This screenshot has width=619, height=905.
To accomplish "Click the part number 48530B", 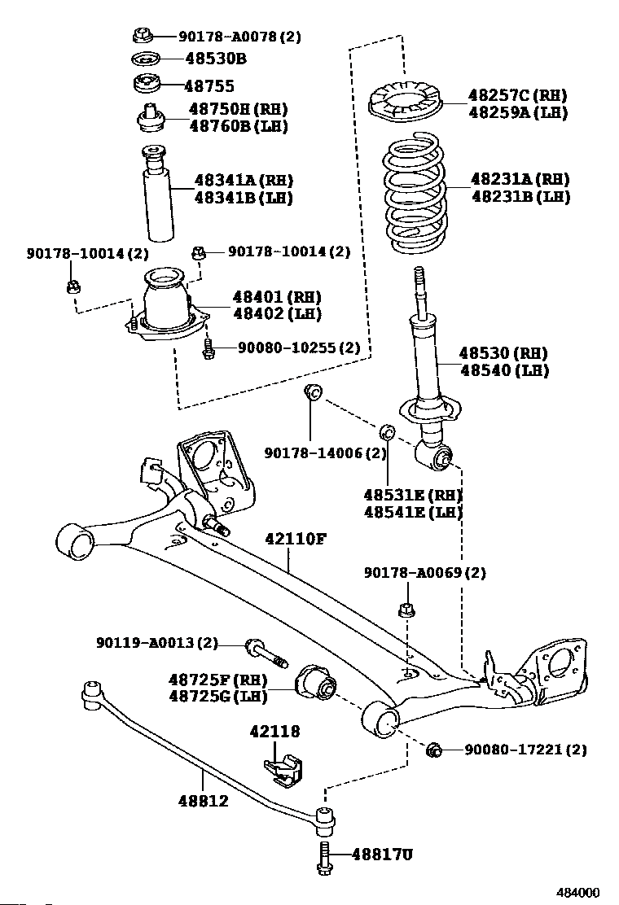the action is pyautogui.click(x=216, y=59).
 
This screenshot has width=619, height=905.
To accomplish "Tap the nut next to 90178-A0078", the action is pyautogui.click(x=142, y=35).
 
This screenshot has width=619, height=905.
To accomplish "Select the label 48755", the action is pyautogui.click(x=209, y=86).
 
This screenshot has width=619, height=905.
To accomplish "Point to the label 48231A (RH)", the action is pyautogui.click(x=520, y=179).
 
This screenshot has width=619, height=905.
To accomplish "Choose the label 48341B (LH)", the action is pyautogui.click(x=243, y=198).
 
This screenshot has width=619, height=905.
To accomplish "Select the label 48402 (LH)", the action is pyautogui.click(x=277, y=314).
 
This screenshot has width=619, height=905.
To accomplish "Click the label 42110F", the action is pyautogui.click(x=296, y=539).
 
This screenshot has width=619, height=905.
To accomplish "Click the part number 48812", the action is pyautogui.click(x=203, y=801).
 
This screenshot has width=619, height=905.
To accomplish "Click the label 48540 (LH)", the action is pyautogui.click(x=504, y=370).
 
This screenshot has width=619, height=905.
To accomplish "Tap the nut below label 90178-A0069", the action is pyautogui.click(x=406, y=609).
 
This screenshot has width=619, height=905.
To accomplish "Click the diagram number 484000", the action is pyautogui.click(x=577, y=892).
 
